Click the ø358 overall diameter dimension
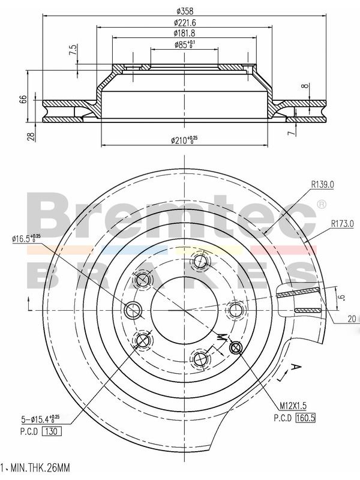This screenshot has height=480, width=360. pos(185,11)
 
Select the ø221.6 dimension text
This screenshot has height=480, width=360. pos(185,22)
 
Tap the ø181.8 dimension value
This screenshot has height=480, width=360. pos(185,33)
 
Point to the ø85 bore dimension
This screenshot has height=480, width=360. pos(185,44)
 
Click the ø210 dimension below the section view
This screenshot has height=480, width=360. pos(184,140)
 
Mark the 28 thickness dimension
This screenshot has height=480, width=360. pos(31,137)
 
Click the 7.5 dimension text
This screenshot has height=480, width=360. pos(73,50)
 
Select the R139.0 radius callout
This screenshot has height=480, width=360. pos(322,185)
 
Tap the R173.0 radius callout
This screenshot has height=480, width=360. pos(342,224)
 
